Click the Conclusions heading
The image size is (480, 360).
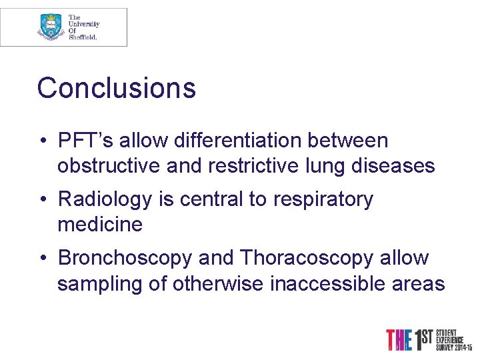pos(116,88)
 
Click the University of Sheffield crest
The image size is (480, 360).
pos(51,27)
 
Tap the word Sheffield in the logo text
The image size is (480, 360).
pos(83,37)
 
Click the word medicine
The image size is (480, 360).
pos(100,225)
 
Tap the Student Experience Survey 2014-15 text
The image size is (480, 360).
pos(454,339)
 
